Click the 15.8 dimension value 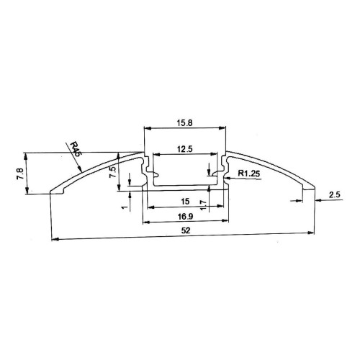tap(184, 122)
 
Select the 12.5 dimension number tap(184, 149)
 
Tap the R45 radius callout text tap(77, 150)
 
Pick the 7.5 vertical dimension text tap(113, 172)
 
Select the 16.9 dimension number tap(184, 215)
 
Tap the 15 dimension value tap(184, 201)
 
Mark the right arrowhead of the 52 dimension tap(315, 233)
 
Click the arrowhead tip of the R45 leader tap(84, 171)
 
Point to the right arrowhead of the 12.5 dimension tap(215, 156)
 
